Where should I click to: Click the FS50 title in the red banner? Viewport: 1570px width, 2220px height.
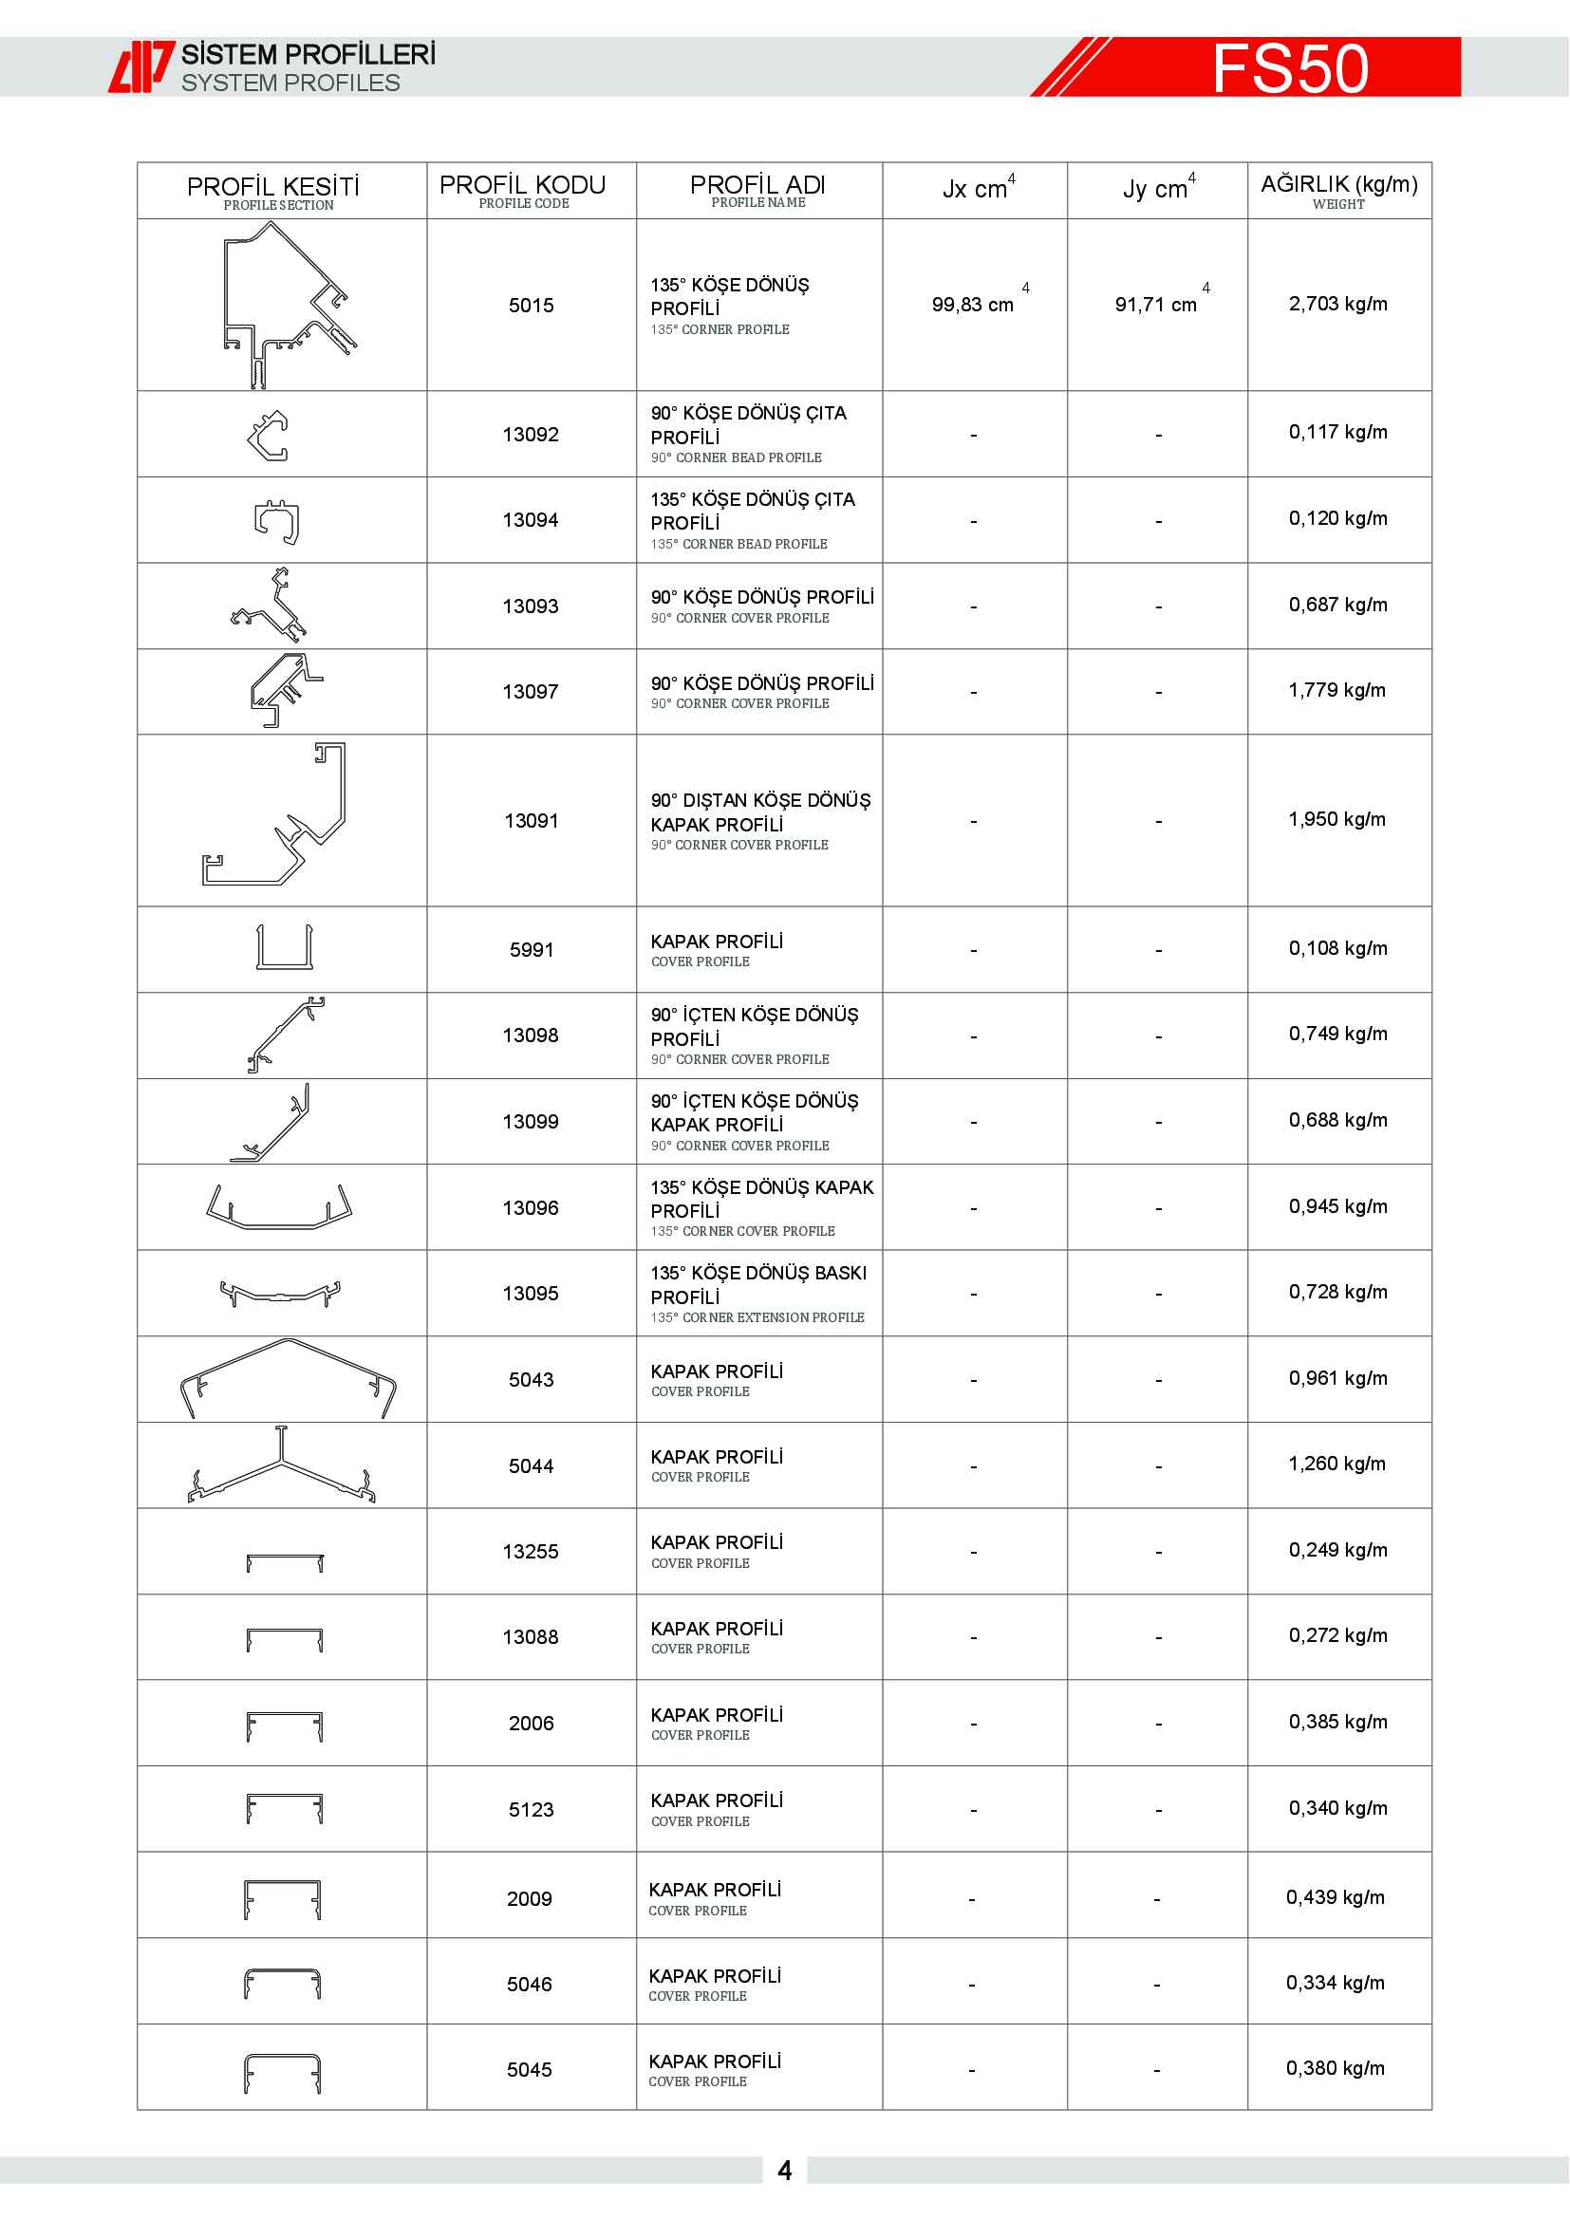click(1290, 67)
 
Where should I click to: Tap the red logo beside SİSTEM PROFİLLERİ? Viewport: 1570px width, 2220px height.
click(141, 66)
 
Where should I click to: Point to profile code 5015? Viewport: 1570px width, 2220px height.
click(531, 306)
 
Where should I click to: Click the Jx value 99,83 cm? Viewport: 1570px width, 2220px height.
click(973, 305)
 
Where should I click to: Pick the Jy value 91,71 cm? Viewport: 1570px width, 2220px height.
click(1156, 305)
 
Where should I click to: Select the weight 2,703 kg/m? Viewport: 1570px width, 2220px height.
click(1338, 304)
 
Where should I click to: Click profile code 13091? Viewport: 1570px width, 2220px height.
click(531, 821)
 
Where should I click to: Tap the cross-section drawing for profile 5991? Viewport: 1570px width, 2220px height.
click(284, 947)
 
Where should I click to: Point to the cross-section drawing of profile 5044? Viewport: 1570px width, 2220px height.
click(281, 1464)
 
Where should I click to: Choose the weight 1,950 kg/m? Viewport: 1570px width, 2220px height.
click(1337, 819)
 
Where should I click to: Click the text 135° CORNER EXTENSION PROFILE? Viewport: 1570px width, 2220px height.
click(757, 1318)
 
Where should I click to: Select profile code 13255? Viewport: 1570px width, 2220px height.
click(531, 1552)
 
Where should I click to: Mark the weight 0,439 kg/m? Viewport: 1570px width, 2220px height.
click(1336, 1897)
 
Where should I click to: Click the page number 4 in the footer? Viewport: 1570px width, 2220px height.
click(785, 2171)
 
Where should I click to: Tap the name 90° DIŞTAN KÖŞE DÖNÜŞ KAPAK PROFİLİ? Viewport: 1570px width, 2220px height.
click(760, 812)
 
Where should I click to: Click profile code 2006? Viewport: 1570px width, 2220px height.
click(531, 1723)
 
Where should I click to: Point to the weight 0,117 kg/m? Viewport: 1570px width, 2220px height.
click(1338, 432)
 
